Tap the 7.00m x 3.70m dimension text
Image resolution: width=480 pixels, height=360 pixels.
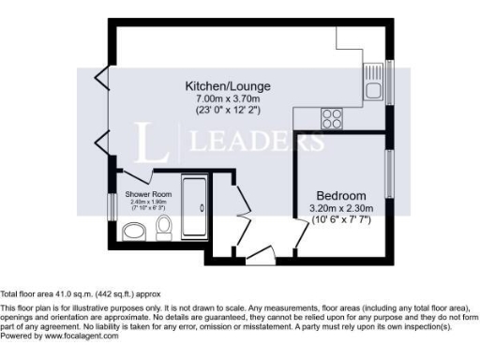coord(220,97)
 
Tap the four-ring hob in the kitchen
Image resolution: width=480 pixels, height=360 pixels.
coord(331,118)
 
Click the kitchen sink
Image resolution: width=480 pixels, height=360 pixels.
coord(373,91)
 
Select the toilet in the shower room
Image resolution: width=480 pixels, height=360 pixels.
coord(164,225)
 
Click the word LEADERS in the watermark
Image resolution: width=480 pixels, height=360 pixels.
coord(258,142)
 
